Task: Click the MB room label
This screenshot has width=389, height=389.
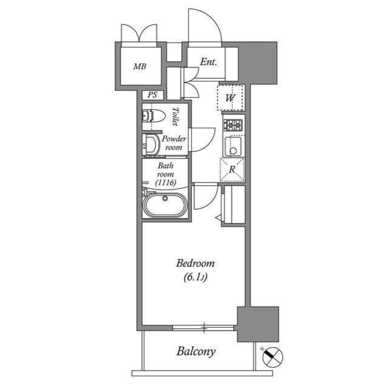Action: pyautogui.click(x=140, y=66)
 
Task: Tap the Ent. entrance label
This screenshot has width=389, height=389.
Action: pyautogui.click(x=208, y=62)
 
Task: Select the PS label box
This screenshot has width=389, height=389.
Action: pyautogui.click(x=153, y=95)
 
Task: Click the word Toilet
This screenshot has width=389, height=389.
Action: pyautogui.click(x=175, y=116)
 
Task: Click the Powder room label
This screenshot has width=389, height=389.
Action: pyautogui.click(x=174, y=143)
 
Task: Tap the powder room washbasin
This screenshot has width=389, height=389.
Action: pyautogui.click(x=150, y=143)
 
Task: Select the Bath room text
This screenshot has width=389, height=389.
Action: pyautogui.click(x=165, y=170)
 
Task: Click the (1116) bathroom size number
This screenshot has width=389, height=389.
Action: pyautogui.click(x=165, y=182)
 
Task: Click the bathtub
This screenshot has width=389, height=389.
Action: pyautogui.click(x=165, y=205)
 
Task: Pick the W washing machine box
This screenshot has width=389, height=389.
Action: pyautogui.click(x=231, y=97)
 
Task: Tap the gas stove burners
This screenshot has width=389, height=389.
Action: pyautogui.click(x=233, y=125)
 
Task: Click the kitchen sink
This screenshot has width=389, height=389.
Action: pyautogui.click(x=232, y=146)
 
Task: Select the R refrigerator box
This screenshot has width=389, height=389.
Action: pyautogui.click(x=232, y=170)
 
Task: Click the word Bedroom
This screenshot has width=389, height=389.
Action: pyautogui.click(x=195, y=263)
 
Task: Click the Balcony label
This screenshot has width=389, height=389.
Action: pyautogui.click(x=196, y=351)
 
